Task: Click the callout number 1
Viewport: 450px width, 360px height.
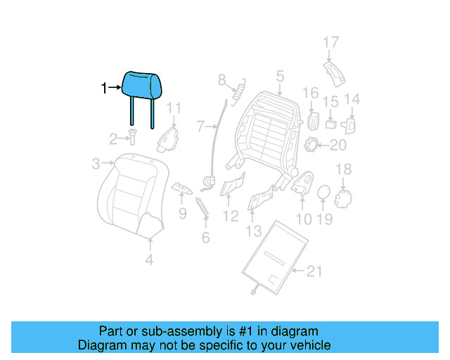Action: pos(103,89)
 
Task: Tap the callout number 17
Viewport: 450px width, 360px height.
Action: pos(330,44)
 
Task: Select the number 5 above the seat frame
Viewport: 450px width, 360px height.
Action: pos(279,76)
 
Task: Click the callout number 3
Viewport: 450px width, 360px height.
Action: pos(96,165)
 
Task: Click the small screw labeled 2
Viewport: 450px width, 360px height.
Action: pos(132,139)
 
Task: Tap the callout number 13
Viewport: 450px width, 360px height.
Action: pos(253,231)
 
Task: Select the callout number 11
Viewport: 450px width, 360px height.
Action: pos(174,108)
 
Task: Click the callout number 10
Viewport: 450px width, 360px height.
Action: pos(303,219)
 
